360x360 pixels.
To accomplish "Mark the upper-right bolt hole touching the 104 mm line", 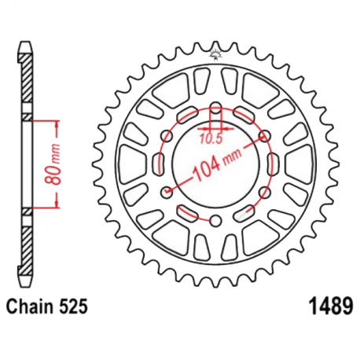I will (x=262, y=137).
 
